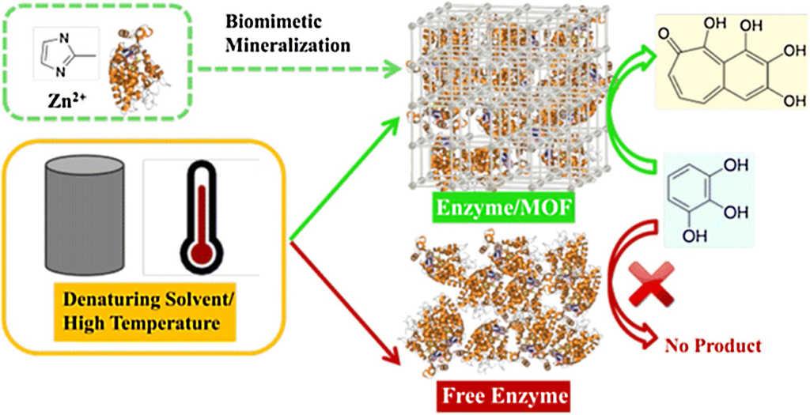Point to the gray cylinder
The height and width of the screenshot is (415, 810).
click(x=85, y=214)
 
